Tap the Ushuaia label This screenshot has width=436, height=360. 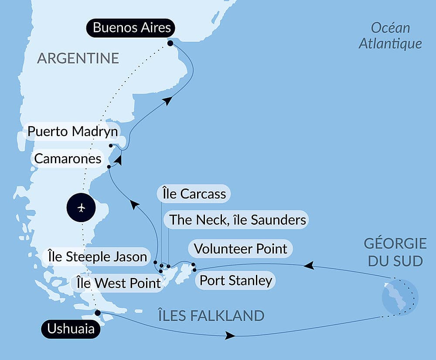pyautogui.click(x=71, y=329)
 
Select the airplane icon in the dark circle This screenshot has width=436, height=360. pyautogui.click(x=82, y=208)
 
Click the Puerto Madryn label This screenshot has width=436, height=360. pyautogui.click(x=72, y=131)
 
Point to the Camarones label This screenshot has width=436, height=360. pyautogui.click(x=68, y=159)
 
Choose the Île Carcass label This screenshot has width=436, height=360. pyautogui.click(x=194, y=194)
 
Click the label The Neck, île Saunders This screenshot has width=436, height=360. pyautogui.click(x=238, y=219)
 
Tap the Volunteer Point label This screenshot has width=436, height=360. pyautogui.click(x=240, y=249)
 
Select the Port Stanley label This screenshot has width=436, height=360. pyautogui.click(x=235, y=280)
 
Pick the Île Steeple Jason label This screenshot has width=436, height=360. pyautogui.click(x=97, y=257)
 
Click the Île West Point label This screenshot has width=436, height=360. pyautogui.click(x=118, y=283)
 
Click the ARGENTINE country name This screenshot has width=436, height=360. pyautogui.click(x=78, y=58)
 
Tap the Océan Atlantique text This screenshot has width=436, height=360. pyautogui.click(x=390, y=36)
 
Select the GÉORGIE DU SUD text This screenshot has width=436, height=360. pyautogui.click(x=395, y=252)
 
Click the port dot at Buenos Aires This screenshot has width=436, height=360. pyautogui.click(x=170, y=43)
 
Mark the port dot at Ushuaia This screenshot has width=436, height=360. pyautogui.click(x=98, y=312)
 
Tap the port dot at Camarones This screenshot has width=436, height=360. pyautogui.click(x=109, y=167)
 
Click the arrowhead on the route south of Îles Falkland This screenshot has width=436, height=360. pyautogui.click(x=230, y=336)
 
